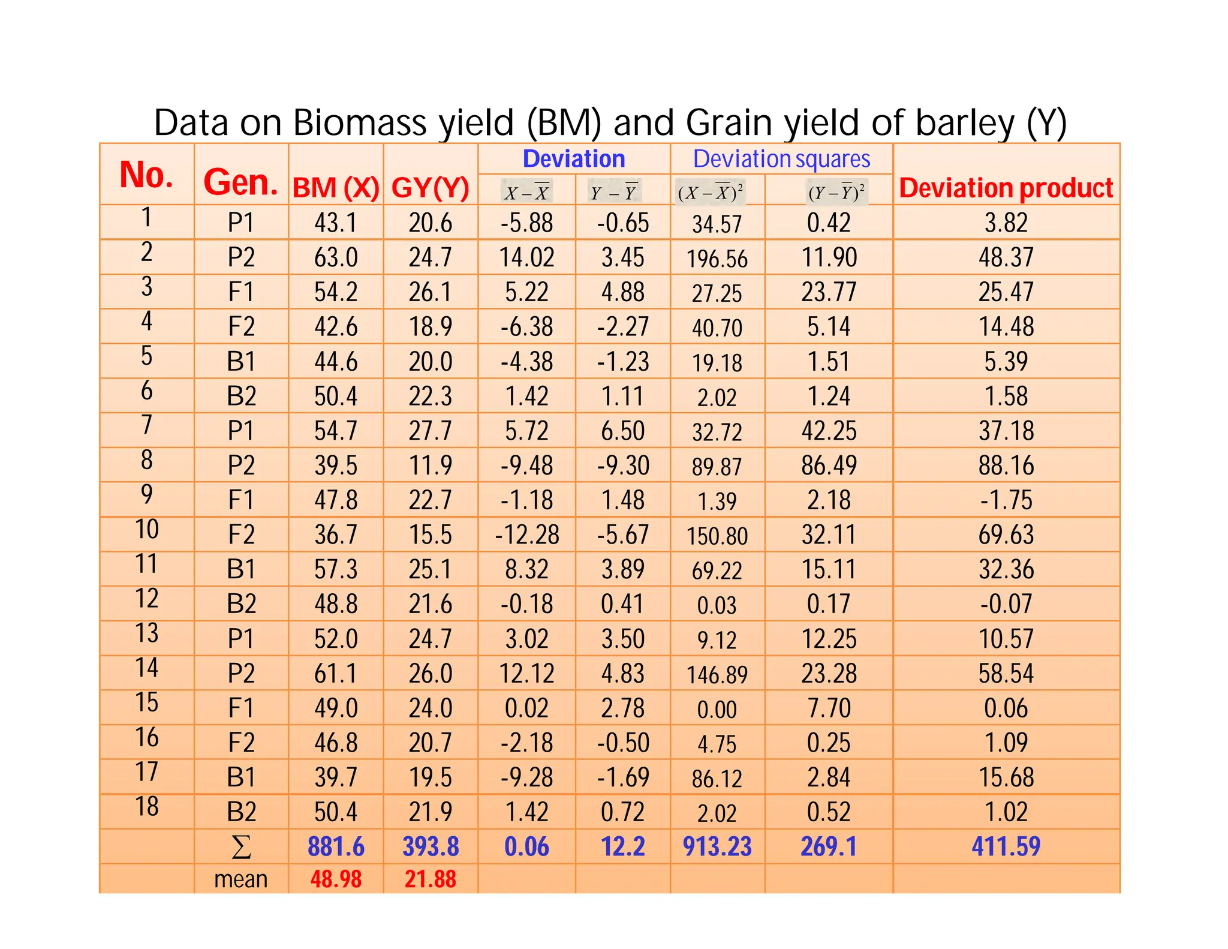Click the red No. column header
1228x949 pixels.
point(146,175)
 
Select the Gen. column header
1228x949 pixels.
point(240,182)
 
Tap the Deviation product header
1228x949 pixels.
point(1006,188)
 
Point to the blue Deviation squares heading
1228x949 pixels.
point(781,159)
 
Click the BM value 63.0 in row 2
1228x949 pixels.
point(336,257)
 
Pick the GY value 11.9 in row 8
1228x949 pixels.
point(430,466)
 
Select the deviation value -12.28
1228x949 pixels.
point(526,534)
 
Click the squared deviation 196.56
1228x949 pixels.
point(717,259)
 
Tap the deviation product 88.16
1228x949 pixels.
point(1006,466)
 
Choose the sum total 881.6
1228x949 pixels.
point(336,846)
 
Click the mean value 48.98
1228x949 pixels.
point(336,879)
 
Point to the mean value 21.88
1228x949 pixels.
point(430,879)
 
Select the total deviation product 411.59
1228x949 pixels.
point(1006,846)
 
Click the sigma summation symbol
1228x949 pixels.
point(240,847)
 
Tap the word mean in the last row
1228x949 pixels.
point(240,879)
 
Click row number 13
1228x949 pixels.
point(146,633)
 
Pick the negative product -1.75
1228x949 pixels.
point(1006,500)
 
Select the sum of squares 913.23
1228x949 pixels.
point(717,846)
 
